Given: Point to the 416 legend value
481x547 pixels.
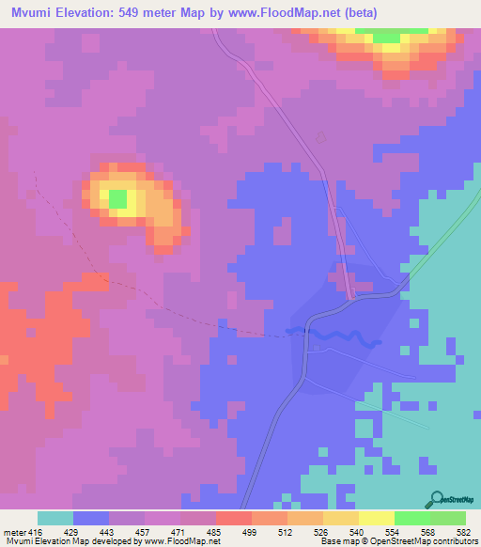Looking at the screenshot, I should click(37, 534).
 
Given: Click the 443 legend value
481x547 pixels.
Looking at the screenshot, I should click(109, 534).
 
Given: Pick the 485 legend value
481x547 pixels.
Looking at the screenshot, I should click(216, 534).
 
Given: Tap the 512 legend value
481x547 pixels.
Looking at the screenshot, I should click(287, 534).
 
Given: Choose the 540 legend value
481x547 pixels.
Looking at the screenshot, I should click(359, 534).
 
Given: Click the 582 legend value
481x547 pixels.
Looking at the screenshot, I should click(465, 534).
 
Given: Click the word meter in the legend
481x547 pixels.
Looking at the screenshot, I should click(13, 534).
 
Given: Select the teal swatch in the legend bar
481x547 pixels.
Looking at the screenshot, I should click(55, 518).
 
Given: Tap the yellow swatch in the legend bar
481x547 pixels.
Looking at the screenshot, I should click(377, 518).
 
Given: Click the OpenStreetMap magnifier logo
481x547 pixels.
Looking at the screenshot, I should click(437, 498).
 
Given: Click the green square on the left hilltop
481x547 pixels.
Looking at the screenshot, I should click(116, 198).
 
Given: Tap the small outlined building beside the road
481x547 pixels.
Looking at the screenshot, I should click(320, 138).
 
